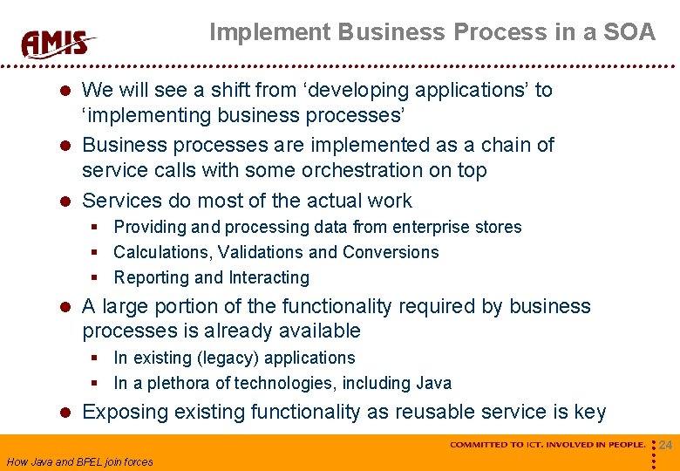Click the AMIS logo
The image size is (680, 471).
[x=58, y=43]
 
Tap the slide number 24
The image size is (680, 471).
[x=665, y=446]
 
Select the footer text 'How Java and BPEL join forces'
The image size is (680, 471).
[x=79, y=461]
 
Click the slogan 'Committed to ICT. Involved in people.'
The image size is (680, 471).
[x=547, y=445]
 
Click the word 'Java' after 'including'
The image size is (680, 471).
[x=434, y=383]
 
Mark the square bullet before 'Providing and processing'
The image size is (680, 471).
[x=98, y=227]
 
